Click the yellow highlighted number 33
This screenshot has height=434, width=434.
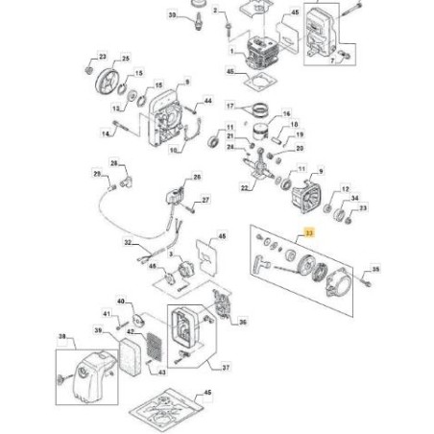pos(307,232)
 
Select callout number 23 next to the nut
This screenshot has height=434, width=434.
pos(103,59)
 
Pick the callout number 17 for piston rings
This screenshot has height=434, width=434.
pos(230,105)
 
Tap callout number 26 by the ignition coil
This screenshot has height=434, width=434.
pos(198,178)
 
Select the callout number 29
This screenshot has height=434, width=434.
pos(96,173)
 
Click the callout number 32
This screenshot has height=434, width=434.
pos(127,244)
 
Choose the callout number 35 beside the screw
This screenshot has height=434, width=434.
pos(375,270)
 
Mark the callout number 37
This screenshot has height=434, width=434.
pos(227,367)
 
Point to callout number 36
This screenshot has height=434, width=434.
pos(242,322)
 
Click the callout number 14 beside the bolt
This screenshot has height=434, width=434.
pos(107,135)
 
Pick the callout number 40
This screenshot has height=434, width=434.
pos(122,301)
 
